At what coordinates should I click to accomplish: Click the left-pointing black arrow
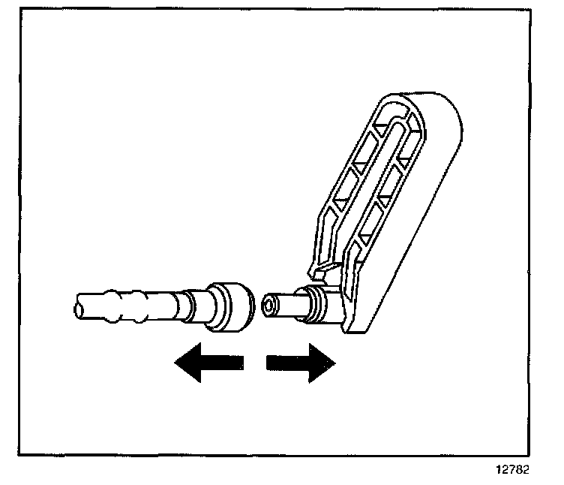tap(208, 363)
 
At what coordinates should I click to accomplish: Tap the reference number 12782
tap(511, 471)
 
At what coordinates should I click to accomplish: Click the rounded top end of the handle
tap(420, 105)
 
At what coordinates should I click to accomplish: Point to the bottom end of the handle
tap(356, 324)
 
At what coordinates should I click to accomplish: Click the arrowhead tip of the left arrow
tap(175, 363)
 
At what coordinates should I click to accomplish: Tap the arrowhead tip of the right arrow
tap(334, 363)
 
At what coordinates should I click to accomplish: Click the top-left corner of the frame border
tap(20, 11)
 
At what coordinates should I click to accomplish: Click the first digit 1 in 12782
tap(496, 471)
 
